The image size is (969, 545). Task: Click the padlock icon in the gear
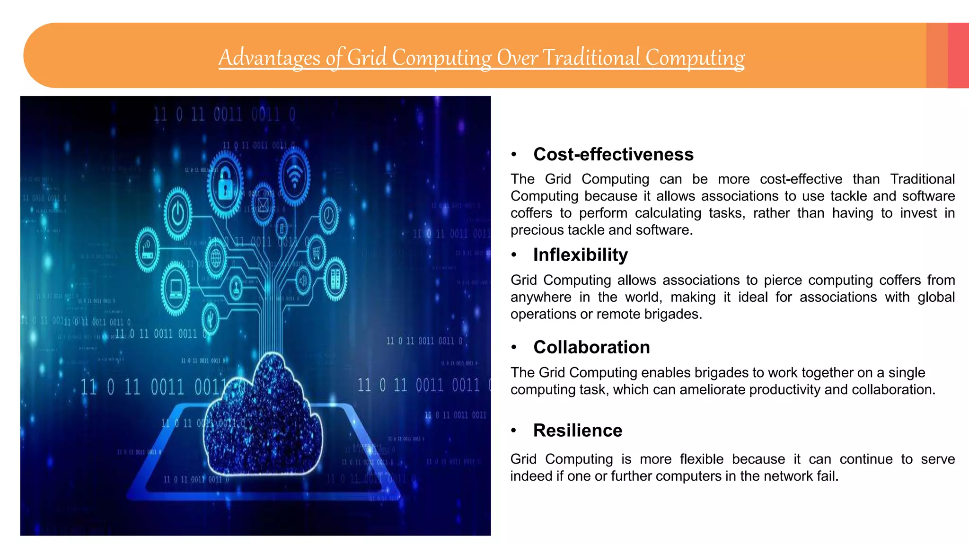pyautogui.click(x=225, y=185)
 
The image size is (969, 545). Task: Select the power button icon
pyautogui.click(x=177, y=214)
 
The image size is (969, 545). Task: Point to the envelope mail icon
pyautogui.click(x=263, y=205)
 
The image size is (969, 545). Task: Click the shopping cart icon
pyautogui.click(x=316, y=252)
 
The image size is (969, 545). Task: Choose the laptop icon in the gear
pyautogui.click(x=176, y=288)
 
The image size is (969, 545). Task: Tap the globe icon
pyautogui.click(x=216, y=258)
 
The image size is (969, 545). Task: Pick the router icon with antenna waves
pyautogui.click(x=147, y=249)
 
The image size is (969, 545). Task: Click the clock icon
pyautogui.click(x=328, y=216)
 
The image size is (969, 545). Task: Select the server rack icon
pyautogui.click(x=335, y=279)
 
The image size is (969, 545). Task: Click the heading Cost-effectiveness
pyautogui.click(x=613, y=154)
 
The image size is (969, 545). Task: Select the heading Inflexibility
pyautogui.click(x=581, y=255)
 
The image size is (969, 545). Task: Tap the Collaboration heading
pyautogui.click(x=591, y=347)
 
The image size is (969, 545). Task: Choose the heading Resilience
pyautogui.click(x=578, y=431)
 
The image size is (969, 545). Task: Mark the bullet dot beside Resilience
pyautogui.click(x=514, y=431)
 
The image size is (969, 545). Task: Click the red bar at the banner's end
pyautogui.click(x=958, y=55)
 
